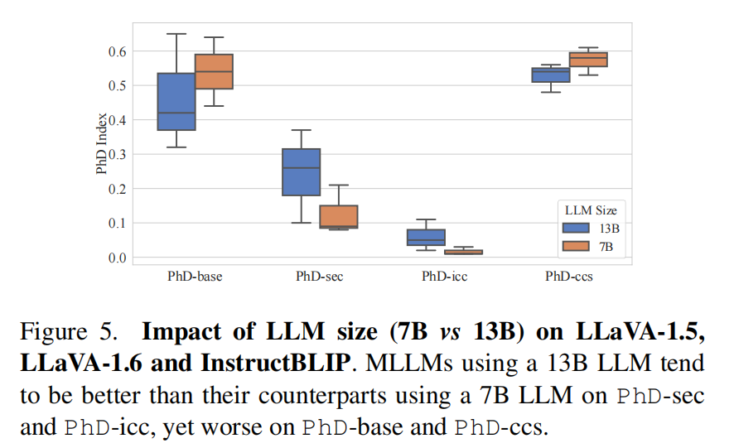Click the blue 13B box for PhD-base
(176, 101)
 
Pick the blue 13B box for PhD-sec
(302, 172)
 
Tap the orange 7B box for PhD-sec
(339, 216)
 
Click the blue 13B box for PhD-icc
(427, 238)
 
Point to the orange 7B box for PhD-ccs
(589, 60)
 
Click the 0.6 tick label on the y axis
(115, 51)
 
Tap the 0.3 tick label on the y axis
(115, 154)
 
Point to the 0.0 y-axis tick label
(115, 258)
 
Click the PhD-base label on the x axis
(195, 277)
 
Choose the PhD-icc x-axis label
(444, 277)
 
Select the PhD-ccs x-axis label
(569, 277)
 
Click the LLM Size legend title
(586, 210)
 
